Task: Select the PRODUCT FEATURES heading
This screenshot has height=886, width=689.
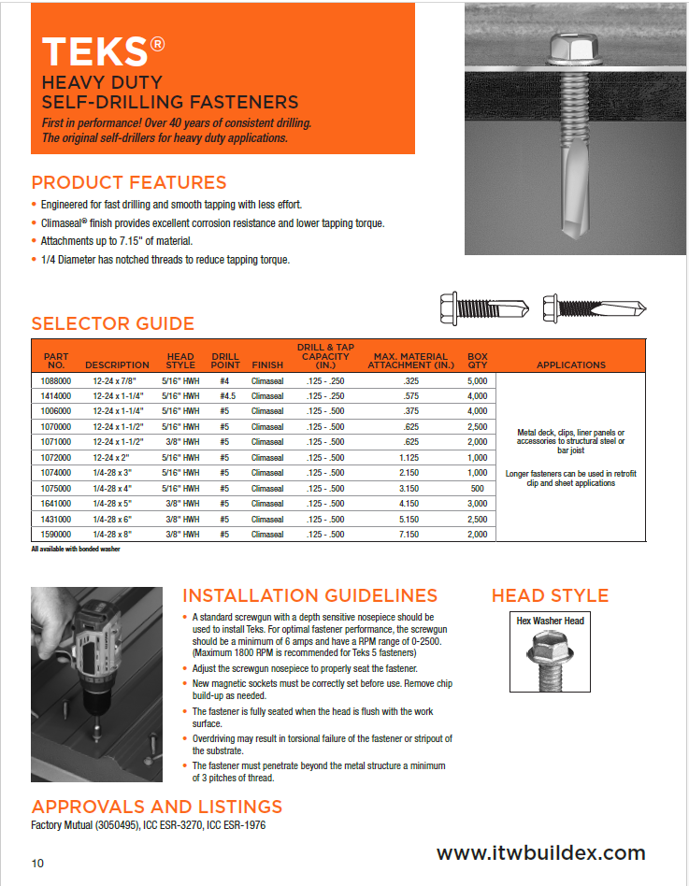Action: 129,182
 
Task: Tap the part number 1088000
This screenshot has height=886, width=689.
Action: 56,381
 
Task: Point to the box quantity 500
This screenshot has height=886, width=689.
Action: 477,489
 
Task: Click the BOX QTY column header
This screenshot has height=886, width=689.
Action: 477,360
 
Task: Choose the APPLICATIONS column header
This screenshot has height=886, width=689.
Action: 570,364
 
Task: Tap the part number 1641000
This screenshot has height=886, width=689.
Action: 56,504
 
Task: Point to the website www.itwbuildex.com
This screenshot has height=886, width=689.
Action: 540,852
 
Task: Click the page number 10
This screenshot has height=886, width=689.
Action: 37,863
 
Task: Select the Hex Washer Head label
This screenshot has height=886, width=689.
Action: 550,621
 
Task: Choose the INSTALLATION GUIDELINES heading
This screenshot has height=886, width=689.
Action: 309,595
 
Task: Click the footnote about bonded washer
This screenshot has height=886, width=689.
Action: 76,549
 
